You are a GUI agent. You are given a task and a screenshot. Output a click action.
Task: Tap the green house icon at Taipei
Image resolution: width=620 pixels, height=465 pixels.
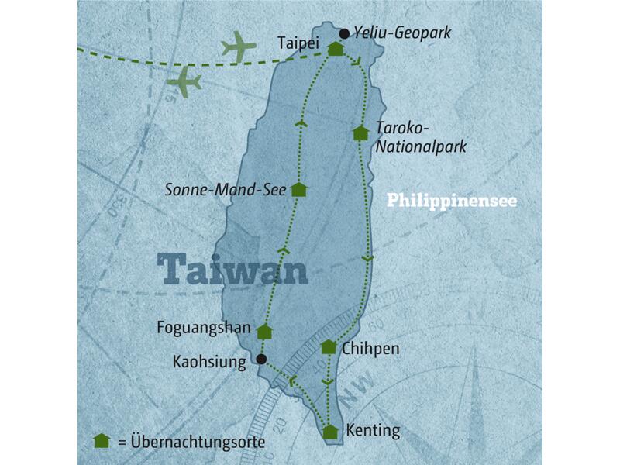pyautogui.click(x=336, y=49)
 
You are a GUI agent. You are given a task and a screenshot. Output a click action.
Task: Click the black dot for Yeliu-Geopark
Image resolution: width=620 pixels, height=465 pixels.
pyautogui.click(x=344, y=33)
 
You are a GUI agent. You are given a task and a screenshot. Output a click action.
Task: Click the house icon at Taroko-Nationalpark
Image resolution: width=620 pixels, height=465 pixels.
pyautogui.click(x=360, y=133)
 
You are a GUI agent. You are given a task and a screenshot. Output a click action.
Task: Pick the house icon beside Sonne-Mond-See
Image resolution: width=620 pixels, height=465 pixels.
pyautogui.click(x=299, y=189)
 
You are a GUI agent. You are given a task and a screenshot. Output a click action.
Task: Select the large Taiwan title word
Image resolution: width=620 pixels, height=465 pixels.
pyautogui.click(x=232, y=269)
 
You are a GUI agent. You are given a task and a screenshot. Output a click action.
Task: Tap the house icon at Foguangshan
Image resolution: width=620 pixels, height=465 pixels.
pyautogui.click(x=265, y=332)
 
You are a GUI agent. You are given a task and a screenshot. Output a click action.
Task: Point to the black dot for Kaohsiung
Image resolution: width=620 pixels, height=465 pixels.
pyautogui.click(x=261, y=360)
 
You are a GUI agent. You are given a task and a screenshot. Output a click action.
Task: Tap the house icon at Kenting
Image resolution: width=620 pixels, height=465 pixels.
pyautogui.click(x=331, y=432)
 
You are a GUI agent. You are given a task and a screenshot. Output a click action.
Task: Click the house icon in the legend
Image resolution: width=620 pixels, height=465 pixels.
pyautogui.click(x=101, y=441)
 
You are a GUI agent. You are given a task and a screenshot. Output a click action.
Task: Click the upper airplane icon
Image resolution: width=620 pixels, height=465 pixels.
pyautogui.click(x=239, y=48)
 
